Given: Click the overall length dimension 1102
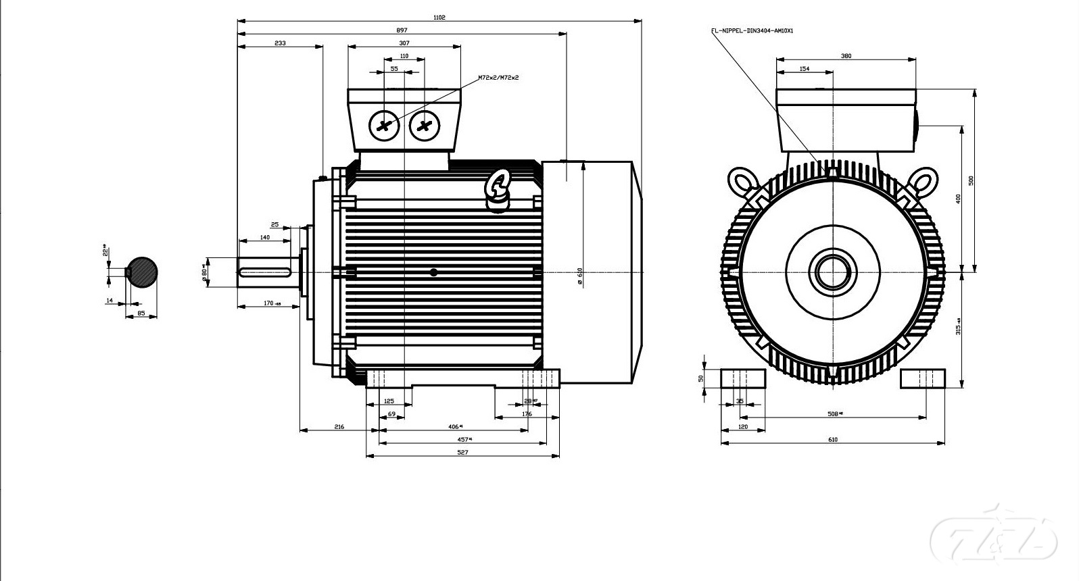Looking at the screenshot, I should click(439, 18).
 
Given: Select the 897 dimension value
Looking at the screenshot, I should click(402, 30).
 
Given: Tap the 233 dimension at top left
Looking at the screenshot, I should click(280, 43).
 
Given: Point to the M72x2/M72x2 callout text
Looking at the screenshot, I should click(498, 78).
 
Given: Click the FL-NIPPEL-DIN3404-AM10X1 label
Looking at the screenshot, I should click(752, 30).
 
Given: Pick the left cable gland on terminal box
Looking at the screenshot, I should click(384, 126).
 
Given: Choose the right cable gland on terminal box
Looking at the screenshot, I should click(425, 126).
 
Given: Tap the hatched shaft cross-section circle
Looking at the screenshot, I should click(143, 272).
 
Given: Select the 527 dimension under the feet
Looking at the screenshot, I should click(462, 453).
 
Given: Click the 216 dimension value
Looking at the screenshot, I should click(339, 427).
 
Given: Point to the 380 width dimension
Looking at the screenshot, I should click(846, 56).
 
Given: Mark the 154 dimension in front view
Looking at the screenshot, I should click(805, 69).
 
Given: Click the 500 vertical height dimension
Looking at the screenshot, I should click(972, 181).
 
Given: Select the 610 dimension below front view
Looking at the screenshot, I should click(832, 440).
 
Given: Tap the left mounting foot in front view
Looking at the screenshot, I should click(742, 378).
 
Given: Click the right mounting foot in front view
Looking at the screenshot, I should click(922, 378).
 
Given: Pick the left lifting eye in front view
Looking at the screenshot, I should click(742, 181).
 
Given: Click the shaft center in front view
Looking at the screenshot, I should click(833, 272).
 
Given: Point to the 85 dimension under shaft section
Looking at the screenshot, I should click(141, 313).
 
